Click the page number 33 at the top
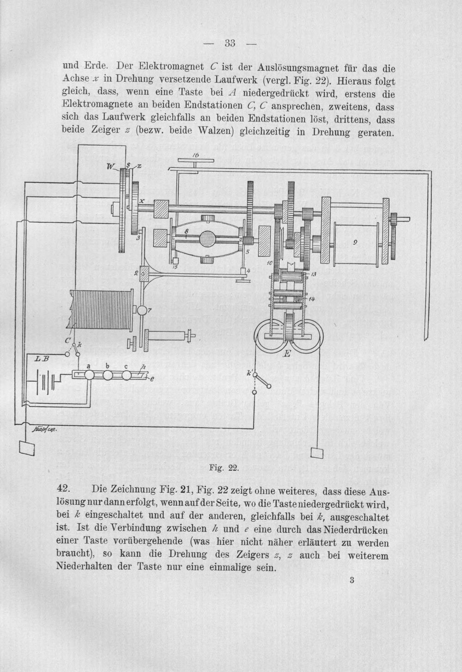click(230, 43)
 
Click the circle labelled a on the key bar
click(89, 375)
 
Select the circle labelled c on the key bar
click(127, 375)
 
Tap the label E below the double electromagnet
click(287, 354)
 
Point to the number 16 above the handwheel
click(195, 155)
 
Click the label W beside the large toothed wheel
click(110, 167)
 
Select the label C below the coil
click(68, 341)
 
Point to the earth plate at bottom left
click(26, 448)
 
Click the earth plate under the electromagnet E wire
click(317, 452)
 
